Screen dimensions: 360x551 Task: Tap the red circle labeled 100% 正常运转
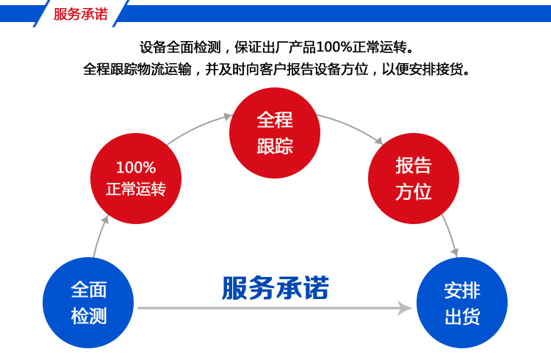tap(136, 177)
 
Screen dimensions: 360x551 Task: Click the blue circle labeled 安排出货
tap(462, 303)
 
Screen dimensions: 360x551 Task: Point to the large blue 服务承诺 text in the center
tap(275, 287)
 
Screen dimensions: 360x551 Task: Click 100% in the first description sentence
tap(335, 48)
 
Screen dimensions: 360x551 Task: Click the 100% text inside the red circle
tap(136, 167)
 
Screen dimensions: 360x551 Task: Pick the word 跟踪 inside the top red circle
tap(275, 145)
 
